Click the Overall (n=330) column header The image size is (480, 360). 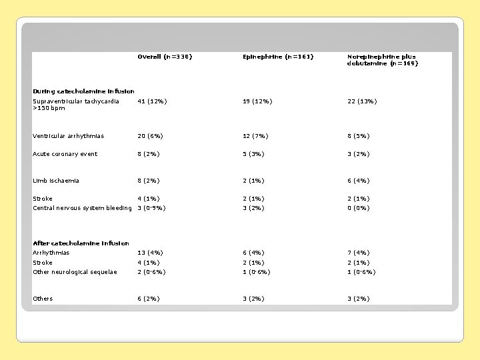coord(164,57)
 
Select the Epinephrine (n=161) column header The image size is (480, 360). coord(277,57)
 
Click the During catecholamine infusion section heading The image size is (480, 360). coord(83,91)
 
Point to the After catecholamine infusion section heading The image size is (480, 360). coord(81,243)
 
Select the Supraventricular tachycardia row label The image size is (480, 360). coord(75,105)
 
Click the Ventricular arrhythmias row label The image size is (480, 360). coord(68,136)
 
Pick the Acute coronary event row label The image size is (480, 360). coord(65,154)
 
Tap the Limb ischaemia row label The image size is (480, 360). coord(56,181)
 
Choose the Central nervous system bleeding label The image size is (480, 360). coord(82,208)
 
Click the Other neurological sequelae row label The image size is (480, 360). coord(75,272)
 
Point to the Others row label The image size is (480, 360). coord(43,299)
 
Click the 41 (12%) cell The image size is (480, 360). coord(152,101)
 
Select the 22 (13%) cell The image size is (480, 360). coord(361,101)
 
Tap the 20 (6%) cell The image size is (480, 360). coord(150,136)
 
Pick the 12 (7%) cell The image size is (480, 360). coord(255,136)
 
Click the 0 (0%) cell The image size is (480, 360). coord(359,208)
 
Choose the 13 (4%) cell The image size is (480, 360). coord(150,253)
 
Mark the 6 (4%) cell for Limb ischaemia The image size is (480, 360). coord(359,181)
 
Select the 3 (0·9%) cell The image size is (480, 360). coord(151,208)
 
